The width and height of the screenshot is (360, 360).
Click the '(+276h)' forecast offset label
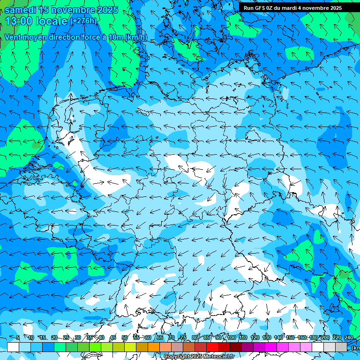[x=83, y=21]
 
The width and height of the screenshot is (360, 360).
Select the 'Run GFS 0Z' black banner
[x=292, y=7]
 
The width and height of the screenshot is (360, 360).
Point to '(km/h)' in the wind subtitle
[x=136, y=37]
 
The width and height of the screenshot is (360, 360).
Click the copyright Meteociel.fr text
[x=199, y=356]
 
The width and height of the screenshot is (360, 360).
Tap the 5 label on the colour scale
[x=17, y=337]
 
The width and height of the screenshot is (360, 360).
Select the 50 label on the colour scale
[x=124, y=337]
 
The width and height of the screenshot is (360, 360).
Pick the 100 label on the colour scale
[x=231, y=337]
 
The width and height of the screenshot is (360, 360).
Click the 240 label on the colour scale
[x=348, y=337]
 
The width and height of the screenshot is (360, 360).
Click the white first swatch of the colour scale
[x=13, y=347]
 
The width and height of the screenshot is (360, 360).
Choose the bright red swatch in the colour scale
[x=212, y=347]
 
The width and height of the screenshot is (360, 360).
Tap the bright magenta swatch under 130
[x=271, y=347]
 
